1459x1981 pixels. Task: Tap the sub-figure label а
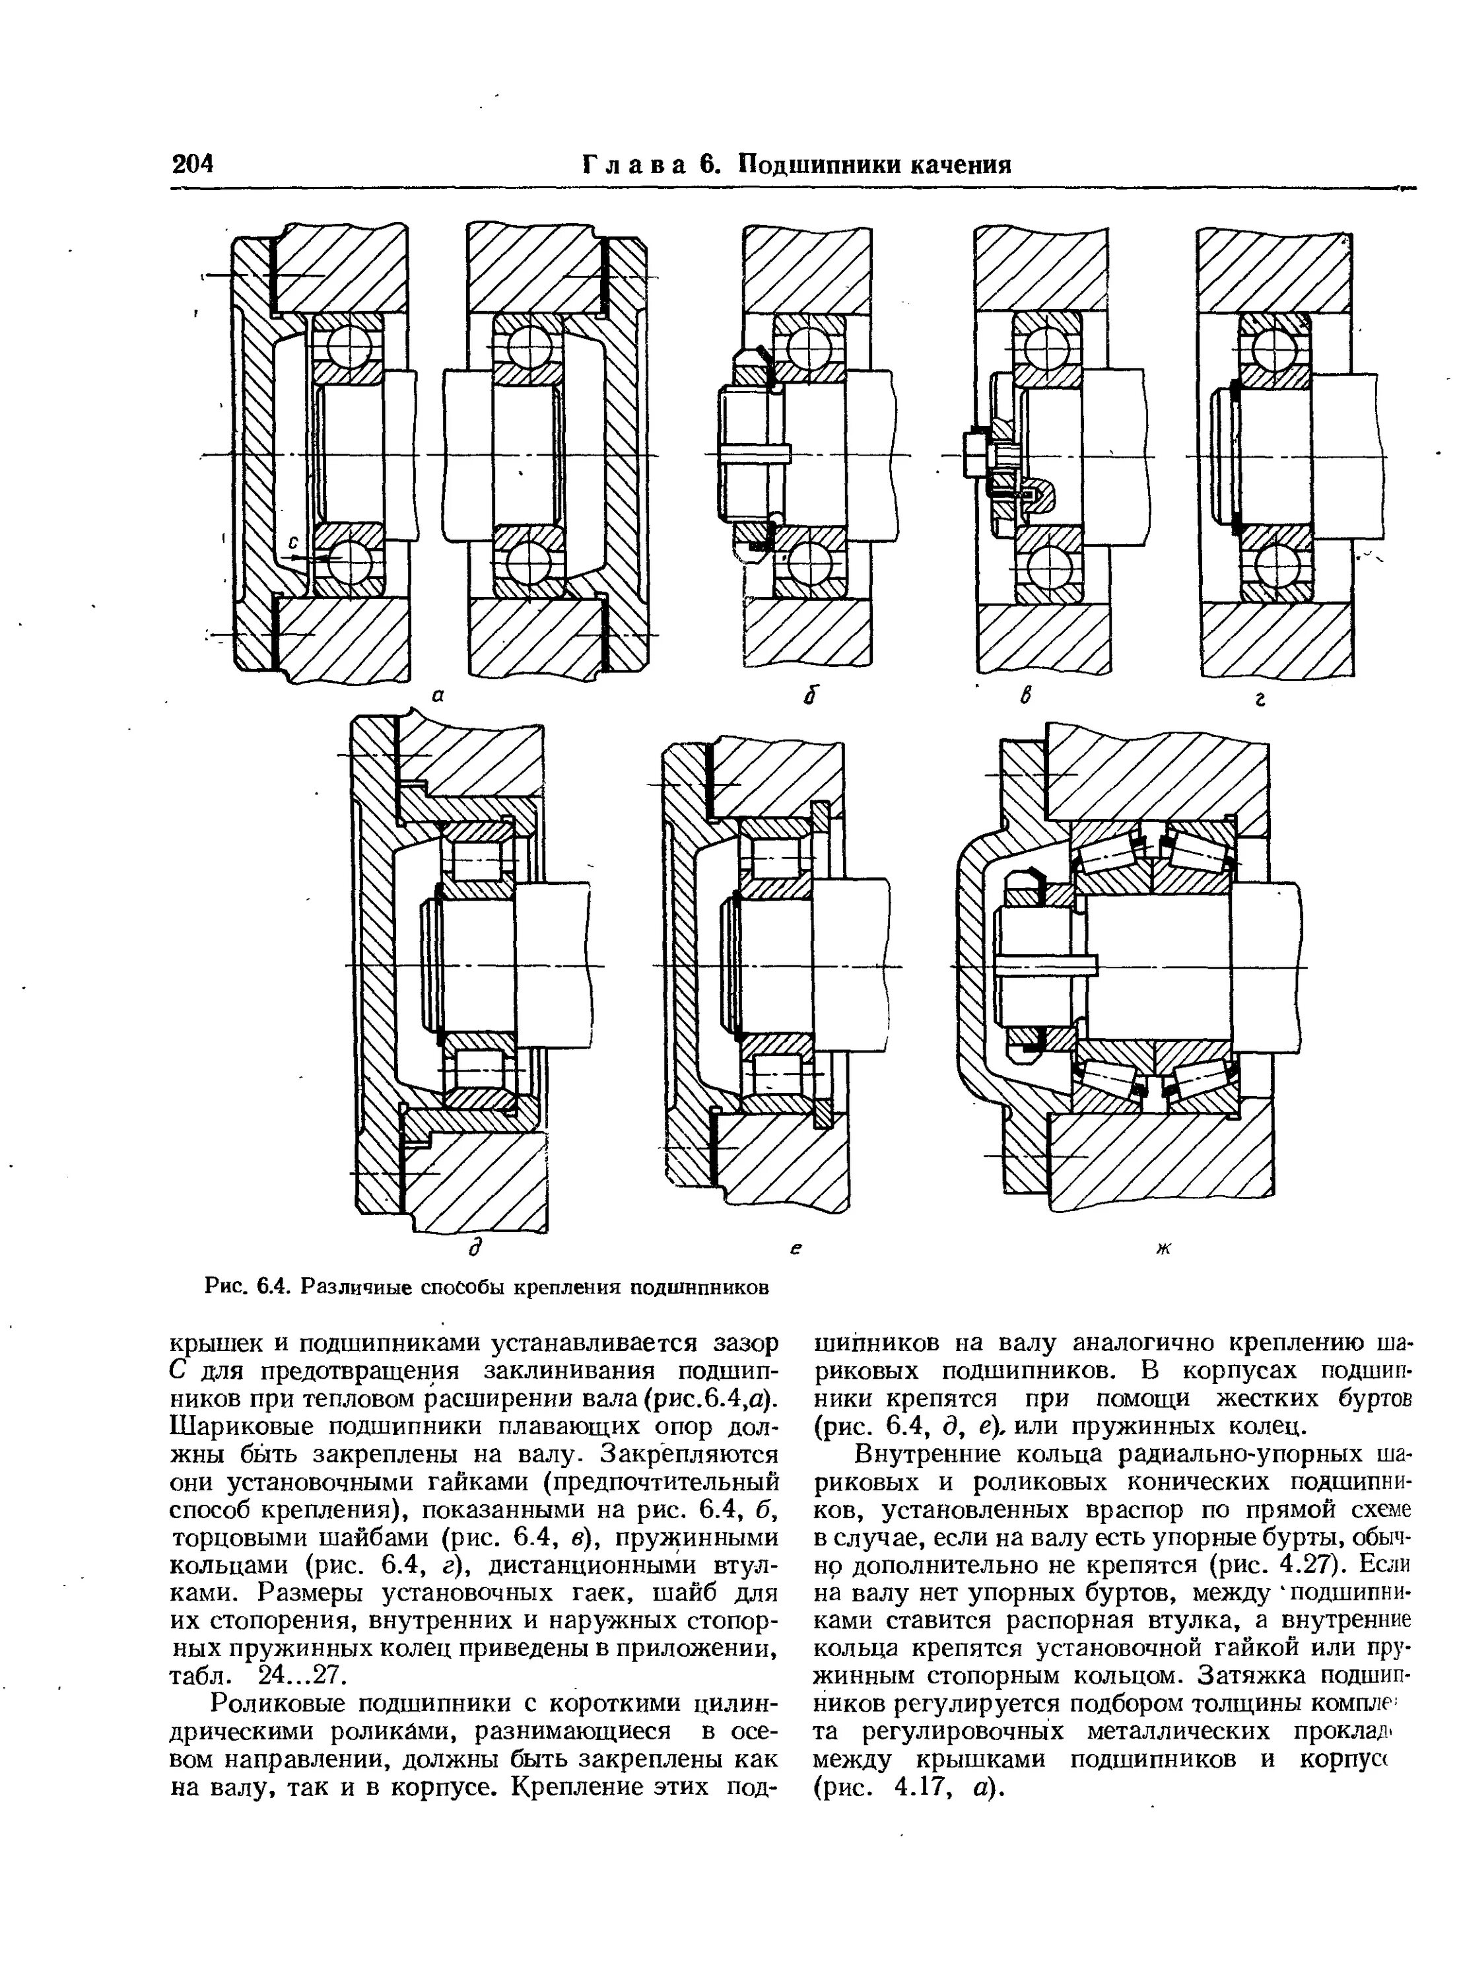pos(436,696)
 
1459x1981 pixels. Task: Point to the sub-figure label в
pos(1026,698)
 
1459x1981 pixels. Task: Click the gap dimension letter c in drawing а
pos(294,541)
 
